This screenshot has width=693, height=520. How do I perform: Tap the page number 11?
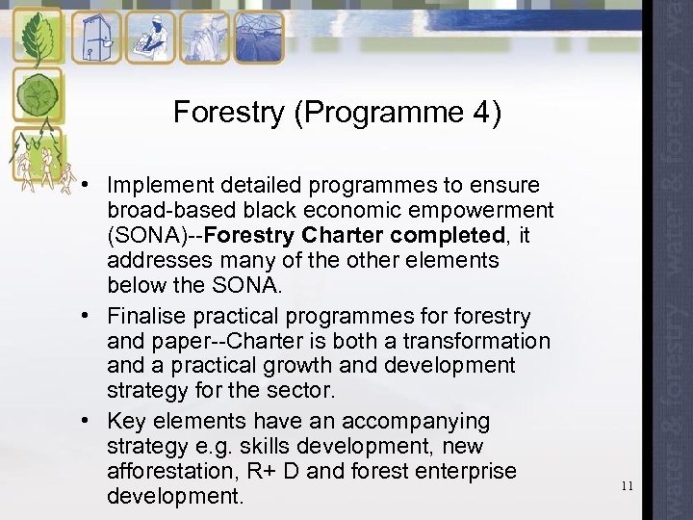pyautogui.click(x=628, y=486)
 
